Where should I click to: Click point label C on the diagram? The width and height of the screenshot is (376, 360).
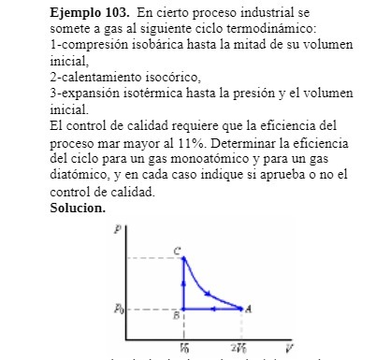[x=177, y=250]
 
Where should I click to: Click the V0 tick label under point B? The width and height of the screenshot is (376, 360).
[x=182, y=347]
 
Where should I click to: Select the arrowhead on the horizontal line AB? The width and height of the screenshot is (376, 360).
[x=210, y=308]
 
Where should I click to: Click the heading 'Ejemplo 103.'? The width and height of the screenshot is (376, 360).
[x=89, y=14]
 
